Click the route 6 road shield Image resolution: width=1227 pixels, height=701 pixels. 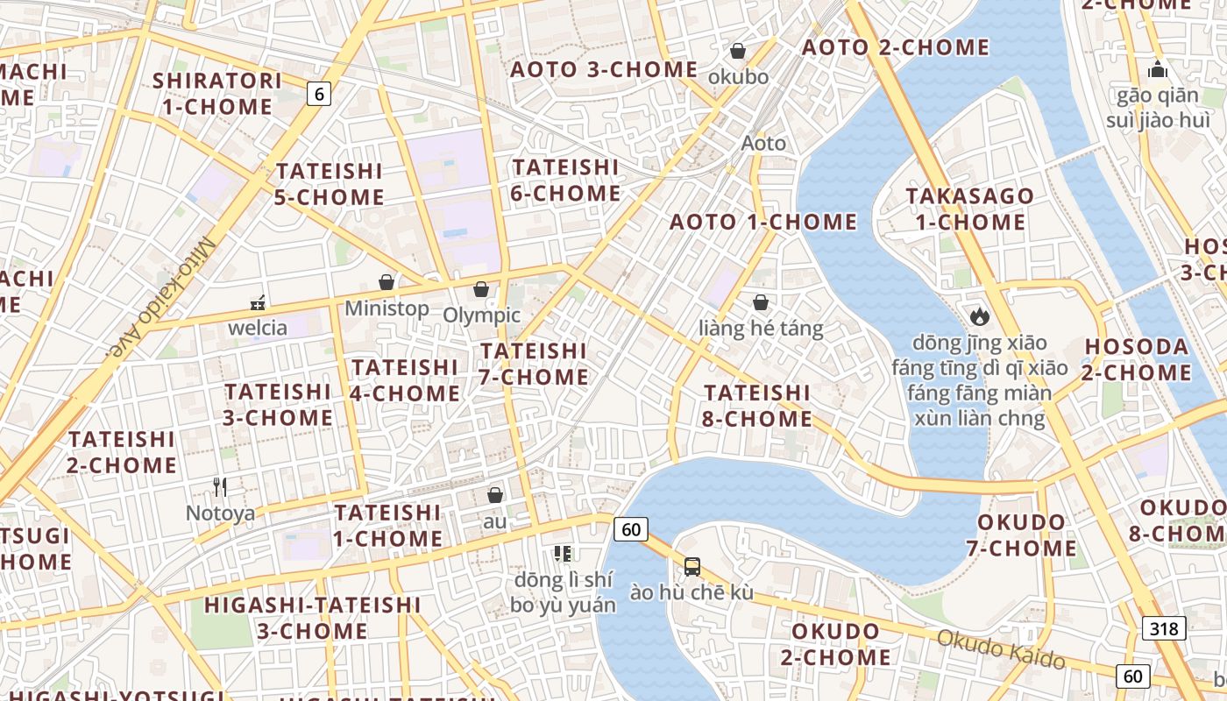click(319, 94)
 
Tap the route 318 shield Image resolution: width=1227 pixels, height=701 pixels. click(1164, 627)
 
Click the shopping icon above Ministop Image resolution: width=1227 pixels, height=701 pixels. click(386, 282)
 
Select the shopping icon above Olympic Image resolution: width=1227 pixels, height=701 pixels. click(481, 289)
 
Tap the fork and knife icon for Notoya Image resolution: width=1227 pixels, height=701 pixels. click(220, 487)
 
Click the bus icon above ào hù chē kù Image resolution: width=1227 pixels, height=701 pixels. click(692, 567)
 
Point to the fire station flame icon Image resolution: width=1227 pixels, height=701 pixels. click(979, 315)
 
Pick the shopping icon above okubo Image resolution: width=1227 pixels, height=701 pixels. click(738, 51)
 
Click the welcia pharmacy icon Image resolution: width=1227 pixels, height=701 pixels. click(258, 303)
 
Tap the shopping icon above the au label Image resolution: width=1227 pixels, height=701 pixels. click(495, 495)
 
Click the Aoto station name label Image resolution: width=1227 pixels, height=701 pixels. click(763, 143)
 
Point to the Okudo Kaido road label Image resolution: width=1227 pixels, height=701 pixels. click(1000, 648)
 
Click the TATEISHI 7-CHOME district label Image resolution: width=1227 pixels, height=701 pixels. click(534, 364)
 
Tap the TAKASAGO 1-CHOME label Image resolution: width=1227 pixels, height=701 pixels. click(970, 209)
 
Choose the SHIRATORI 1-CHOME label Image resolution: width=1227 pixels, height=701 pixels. click(217, 94)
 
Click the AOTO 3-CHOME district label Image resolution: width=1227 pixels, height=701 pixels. click(604, 69)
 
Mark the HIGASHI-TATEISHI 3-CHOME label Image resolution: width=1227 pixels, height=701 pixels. click(312, 617)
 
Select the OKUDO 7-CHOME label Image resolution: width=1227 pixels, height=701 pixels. click(1021, 535)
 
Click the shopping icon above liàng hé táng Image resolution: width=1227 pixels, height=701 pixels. click(761, 303)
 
